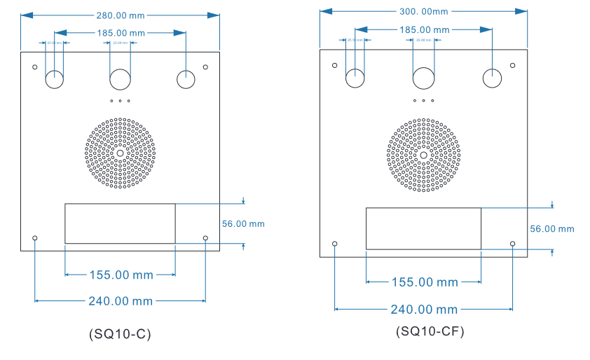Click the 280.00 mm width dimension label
click(x=121, y=15)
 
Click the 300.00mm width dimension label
click(x=423, y=11)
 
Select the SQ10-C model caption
click(x=121, y=334)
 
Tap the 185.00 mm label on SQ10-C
click(x=121, y=32)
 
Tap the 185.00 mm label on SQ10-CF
click(x=424, y=29)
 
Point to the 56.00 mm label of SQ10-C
click(x=242, y=224)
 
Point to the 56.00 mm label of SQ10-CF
click(x=551, y=229)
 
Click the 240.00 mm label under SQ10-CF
click(x=424, y=310)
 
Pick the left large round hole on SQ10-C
click(x=55, y=80)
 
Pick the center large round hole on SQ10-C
click(x=121, y=80)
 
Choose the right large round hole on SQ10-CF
click(x=492, y=78)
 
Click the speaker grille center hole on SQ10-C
click(x=121, y=153)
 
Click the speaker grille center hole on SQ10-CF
click(x=423, y=155)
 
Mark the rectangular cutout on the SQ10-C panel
click(x=120, y=223)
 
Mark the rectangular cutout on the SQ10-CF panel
click(x=423, y=228)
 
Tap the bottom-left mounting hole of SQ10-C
click(x=35, y=239)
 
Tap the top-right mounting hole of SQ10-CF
click(x=512, y=66)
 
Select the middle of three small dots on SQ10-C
click(x=121, y=101)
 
